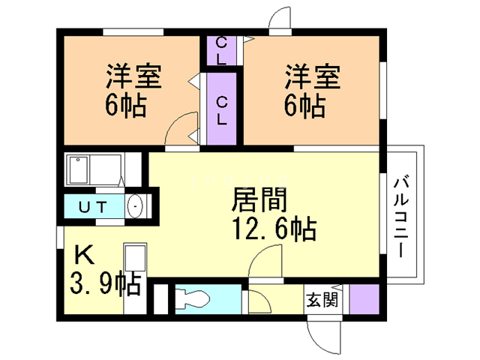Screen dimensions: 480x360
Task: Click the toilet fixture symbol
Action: pyautogui.click(x=193, y=299)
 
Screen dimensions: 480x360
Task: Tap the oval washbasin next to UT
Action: pyautogui.click(x=135, y=206)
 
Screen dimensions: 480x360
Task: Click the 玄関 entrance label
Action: pyautogui.click(x=322, y=300)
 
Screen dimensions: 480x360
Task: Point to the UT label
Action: pyautogui.click(x=93, y=207)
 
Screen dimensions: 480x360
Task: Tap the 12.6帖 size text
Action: pyautogui.click(x=274, y=228)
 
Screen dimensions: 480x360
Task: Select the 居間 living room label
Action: pyautogui.click(x=259, y=200)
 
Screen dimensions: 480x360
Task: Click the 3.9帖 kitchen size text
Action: pyautogui.click(x=106, y=283)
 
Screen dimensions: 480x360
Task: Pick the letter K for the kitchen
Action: pyautogui.click(x=85, y=255)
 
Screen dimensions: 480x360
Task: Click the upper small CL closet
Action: pyautogui.click(x=221, y=50)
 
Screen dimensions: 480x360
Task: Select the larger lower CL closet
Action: pyautogui.click(x=222, y=109)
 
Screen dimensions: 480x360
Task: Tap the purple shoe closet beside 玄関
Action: pyautogui.click(x=364, y=299)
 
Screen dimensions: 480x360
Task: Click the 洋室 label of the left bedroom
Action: pyautogui.click(x=133, y=76)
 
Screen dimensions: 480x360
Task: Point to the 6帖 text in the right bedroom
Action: pyautogui.click(x=305, y=106)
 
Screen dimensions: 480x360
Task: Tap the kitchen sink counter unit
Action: pyautogui.click(x=135, y=278)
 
